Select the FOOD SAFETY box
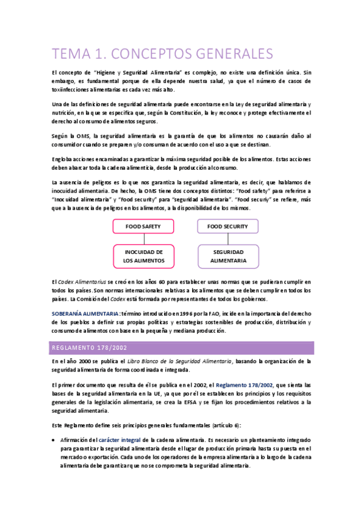[x=143, y=226]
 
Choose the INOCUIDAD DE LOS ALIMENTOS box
[x=143, y=256]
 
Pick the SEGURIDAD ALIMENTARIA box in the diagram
[x=228, y=256]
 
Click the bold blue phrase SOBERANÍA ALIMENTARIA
[x=84, y=313]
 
